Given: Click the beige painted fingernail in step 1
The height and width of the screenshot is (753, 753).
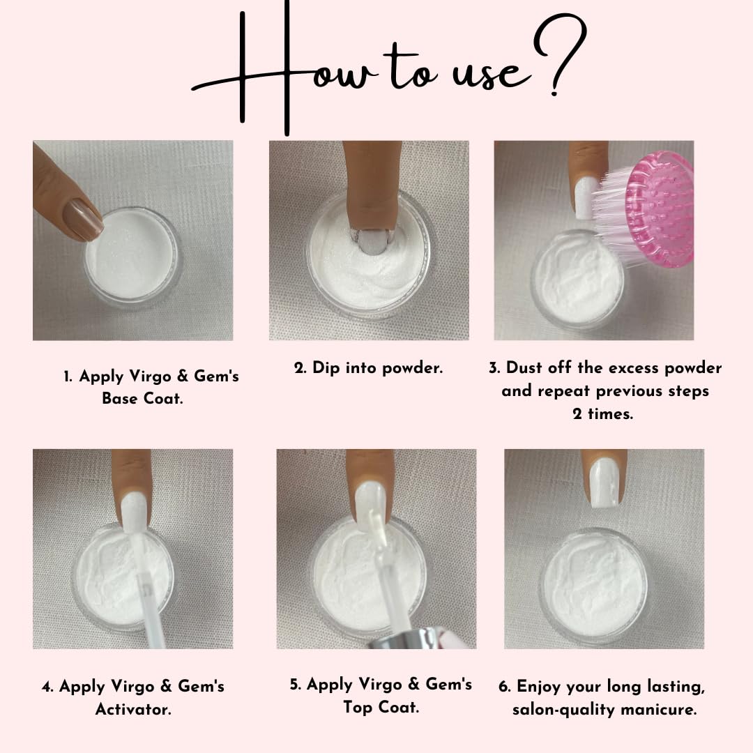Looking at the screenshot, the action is tap(85, 219).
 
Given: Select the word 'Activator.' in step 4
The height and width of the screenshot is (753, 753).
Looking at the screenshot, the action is tap(133, 709).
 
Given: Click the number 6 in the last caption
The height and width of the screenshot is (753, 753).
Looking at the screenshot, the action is tap(504, 687).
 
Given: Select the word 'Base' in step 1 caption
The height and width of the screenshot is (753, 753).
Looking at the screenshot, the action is tap(120, 398).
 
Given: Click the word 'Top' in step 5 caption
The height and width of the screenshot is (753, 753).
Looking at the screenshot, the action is tap(358, 708).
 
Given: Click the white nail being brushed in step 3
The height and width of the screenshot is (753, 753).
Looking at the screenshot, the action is tap(586, 197).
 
